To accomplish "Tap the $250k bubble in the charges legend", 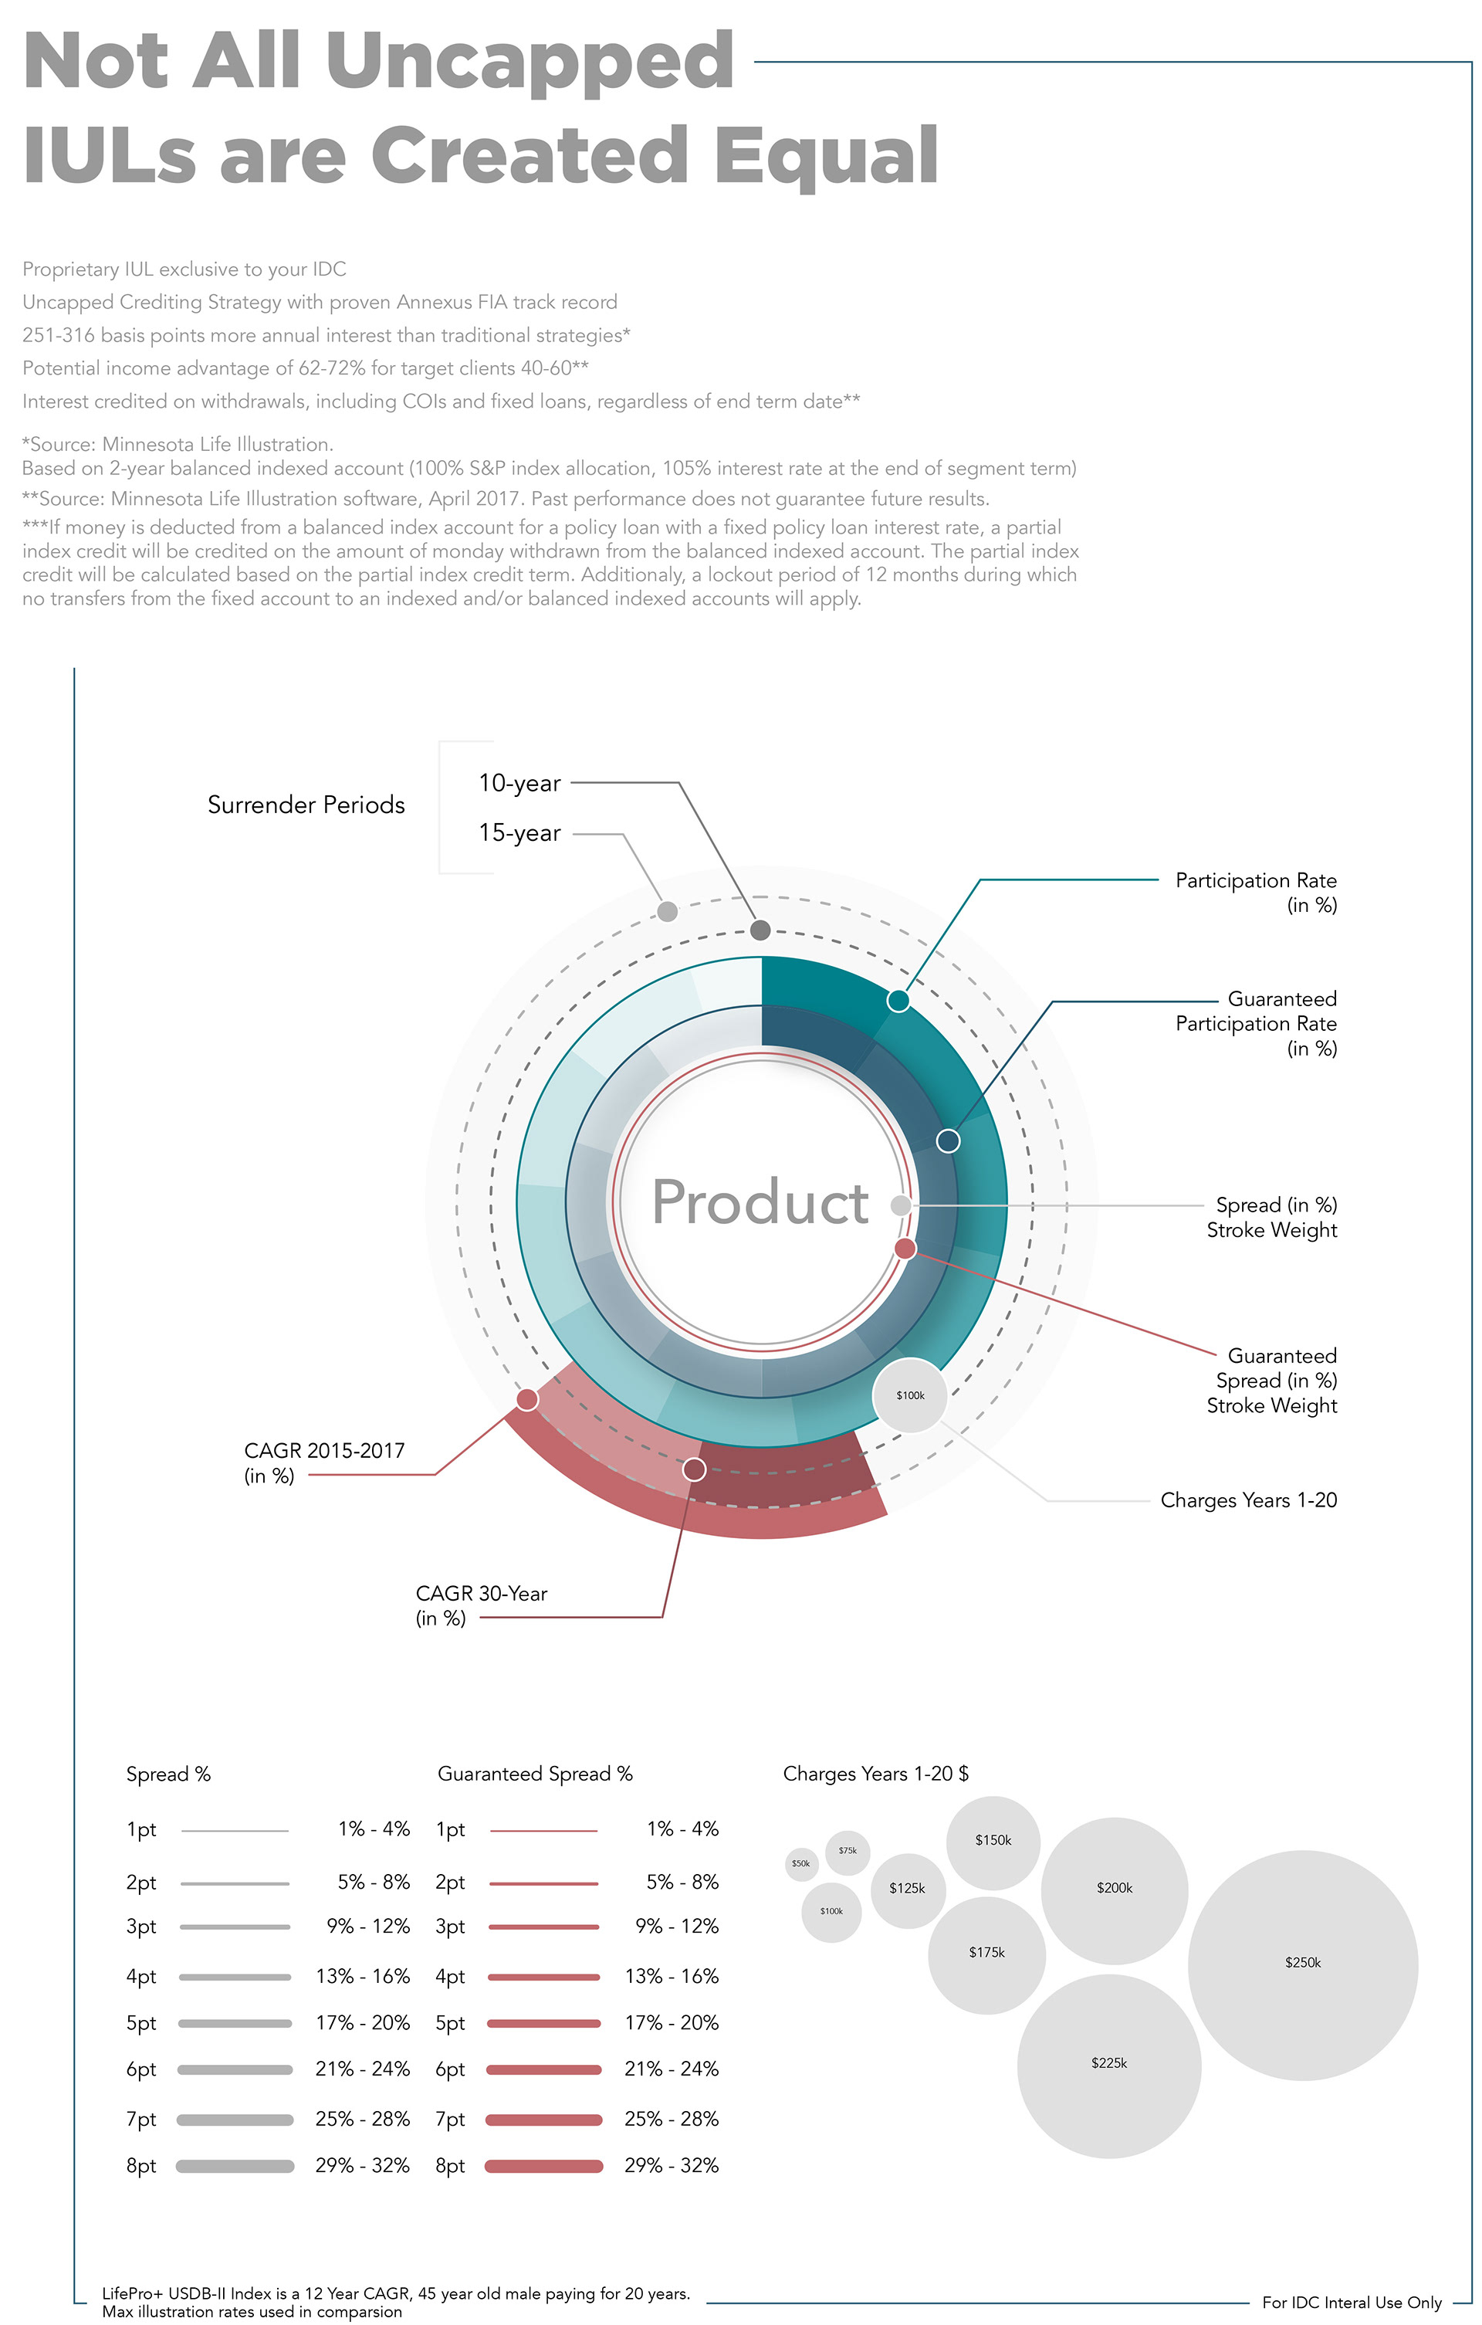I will click(x=1302, y=1963).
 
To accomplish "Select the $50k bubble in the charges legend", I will click(x=800, y=1863).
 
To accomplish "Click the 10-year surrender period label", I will click(x=519, y=783).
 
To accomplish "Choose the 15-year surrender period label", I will click(x=519, y=833).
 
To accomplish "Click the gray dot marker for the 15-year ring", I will click(x=667, y=911).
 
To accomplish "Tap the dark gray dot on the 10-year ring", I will click(x=760, y=930).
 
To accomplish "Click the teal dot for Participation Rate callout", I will click(x=898, y=1000).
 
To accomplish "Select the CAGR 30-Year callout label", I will click(x=481, y=1605).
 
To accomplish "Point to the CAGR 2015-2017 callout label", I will click(x=323, y=1462).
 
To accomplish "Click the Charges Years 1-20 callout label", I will click(x=1248, y=1500).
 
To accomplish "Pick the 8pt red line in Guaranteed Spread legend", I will click(x=543, y=2167).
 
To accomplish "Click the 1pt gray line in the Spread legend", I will click(x=235, y=1831).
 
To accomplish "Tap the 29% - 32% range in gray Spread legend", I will click(x=362, y=2166).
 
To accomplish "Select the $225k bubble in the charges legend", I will click(x=1108, y=2063).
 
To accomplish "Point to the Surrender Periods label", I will click(x=306, y=805).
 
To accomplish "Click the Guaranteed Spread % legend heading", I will click(x=535, y=1774).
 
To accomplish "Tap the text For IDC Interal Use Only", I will click(x=1352, y=2303).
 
